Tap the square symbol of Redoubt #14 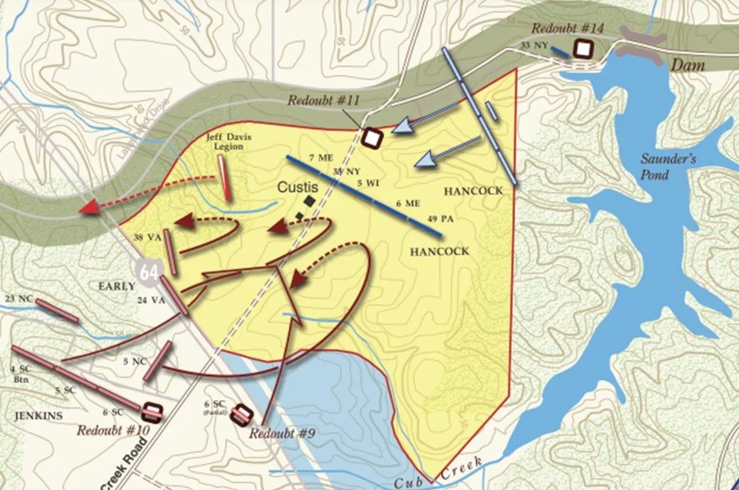click(x=584, y=49)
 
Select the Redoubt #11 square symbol click(x=371, y=135)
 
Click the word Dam click(x=689, y=66)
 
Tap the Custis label click(x=298, y=186)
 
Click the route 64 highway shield click(x=148, y=271)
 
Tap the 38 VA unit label click(x=147, y=237)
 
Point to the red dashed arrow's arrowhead click(x=89, y=208)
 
